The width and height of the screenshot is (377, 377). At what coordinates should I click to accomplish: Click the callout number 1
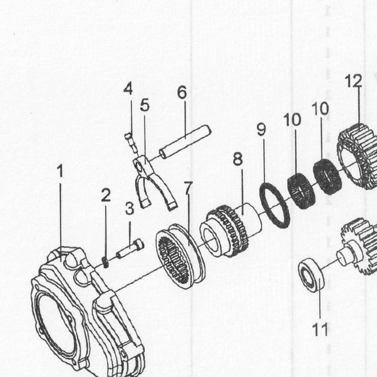pyautogui.click(x=60, y=171)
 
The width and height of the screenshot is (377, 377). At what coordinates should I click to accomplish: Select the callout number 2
pyautogui.click(x=106, y=195)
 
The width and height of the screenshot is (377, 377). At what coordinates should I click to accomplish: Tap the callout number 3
pyautogui.click(x=130, y=209)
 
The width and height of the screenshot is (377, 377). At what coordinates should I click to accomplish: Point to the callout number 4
pyautogui.click(x=128, y=88)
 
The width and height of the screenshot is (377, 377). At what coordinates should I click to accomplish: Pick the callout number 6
pyautogui.click(x=182, y=92)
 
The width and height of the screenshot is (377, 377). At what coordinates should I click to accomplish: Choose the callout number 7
pyautogui.click(x=188, y=187)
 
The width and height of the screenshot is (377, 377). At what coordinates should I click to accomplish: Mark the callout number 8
pyautogui.click(x=238, y=159)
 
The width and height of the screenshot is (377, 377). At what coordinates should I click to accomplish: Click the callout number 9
pyautogui.click(x=262, y=129)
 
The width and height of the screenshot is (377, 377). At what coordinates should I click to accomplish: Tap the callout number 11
pyautogui.click(x=320, y=329)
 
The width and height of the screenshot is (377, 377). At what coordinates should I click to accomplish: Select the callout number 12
pyautogui.click(x=353, y=81)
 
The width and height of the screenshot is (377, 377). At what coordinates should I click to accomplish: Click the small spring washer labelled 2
pyautogui.click(x=105, y=263)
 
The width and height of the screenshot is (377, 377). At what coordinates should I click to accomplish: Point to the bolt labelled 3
pyautogui.click(x=130, y=249)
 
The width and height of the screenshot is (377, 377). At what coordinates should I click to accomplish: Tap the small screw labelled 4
pyautogui.click(x=131, y=143)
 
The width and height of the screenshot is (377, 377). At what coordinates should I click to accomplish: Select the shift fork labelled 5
pyautogui.click(x=154, y=183)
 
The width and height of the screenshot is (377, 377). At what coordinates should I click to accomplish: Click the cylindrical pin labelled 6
pyautogui.click(x=185, y=142)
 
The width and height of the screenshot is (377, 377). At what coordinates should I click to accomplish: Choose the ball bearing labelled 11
pyautogui.click(x=311, y=275)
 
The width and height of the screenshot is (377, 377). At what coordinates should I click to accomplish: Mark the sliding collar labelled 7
pyautogui.click(x=180, y=256)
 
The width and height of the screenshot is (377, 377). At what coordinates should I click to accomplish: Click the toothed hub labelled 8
pyautogui.click(x=231, y=231)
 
